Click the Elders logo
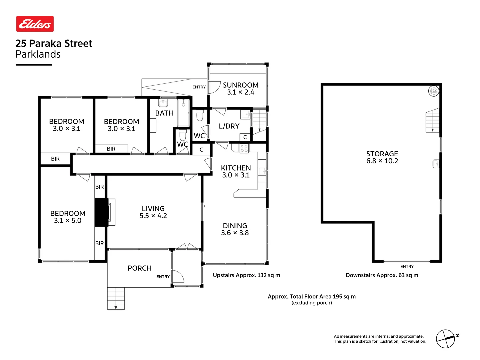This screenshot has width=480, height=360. [x=35, y=24]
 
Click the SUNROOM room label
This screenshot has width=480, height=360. [x=241, y=85]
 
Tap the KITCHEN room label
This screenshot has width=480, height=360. [x=236, y=168]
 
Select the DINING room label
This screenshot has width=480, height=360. [x=235, y=226]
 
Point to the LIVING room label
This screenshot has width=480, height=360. [x=153, y=209]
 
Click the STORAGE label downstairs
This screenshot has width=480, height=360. [x=382, y=154]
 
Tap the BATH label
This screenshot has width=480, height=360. [x=164, y=113]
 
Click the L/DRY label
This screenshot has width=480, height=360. [x=229, y=126]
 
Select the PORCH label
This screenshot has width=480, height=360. [x=139, y=268]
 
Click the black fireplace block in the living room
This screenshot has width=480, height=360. [x=101, y=212]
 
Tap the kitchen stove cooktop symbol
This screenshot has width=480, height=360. [x=244, y=148]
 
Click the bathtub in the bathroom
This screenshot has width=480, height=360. [x=183, y=112]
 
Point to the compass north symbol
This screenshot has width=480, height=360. [x=446, y=339]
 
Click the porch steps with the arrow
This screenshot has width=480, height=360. [x=116, y=298]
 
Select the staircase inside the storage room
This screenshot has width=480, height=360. [x=433, y=121]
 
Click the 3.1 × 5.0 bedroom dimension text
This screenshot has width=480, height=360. [x=68, y=221]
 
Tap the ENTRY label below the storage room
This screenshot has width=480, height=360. [x=407, y=267]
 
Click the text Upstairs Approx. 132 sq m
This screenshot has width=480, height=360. [x=246, y=275]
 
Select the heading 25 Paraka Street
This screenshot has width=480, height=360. [x=54, y=43]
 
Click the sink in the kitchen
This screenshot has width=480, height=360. [x=262, y=172]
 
